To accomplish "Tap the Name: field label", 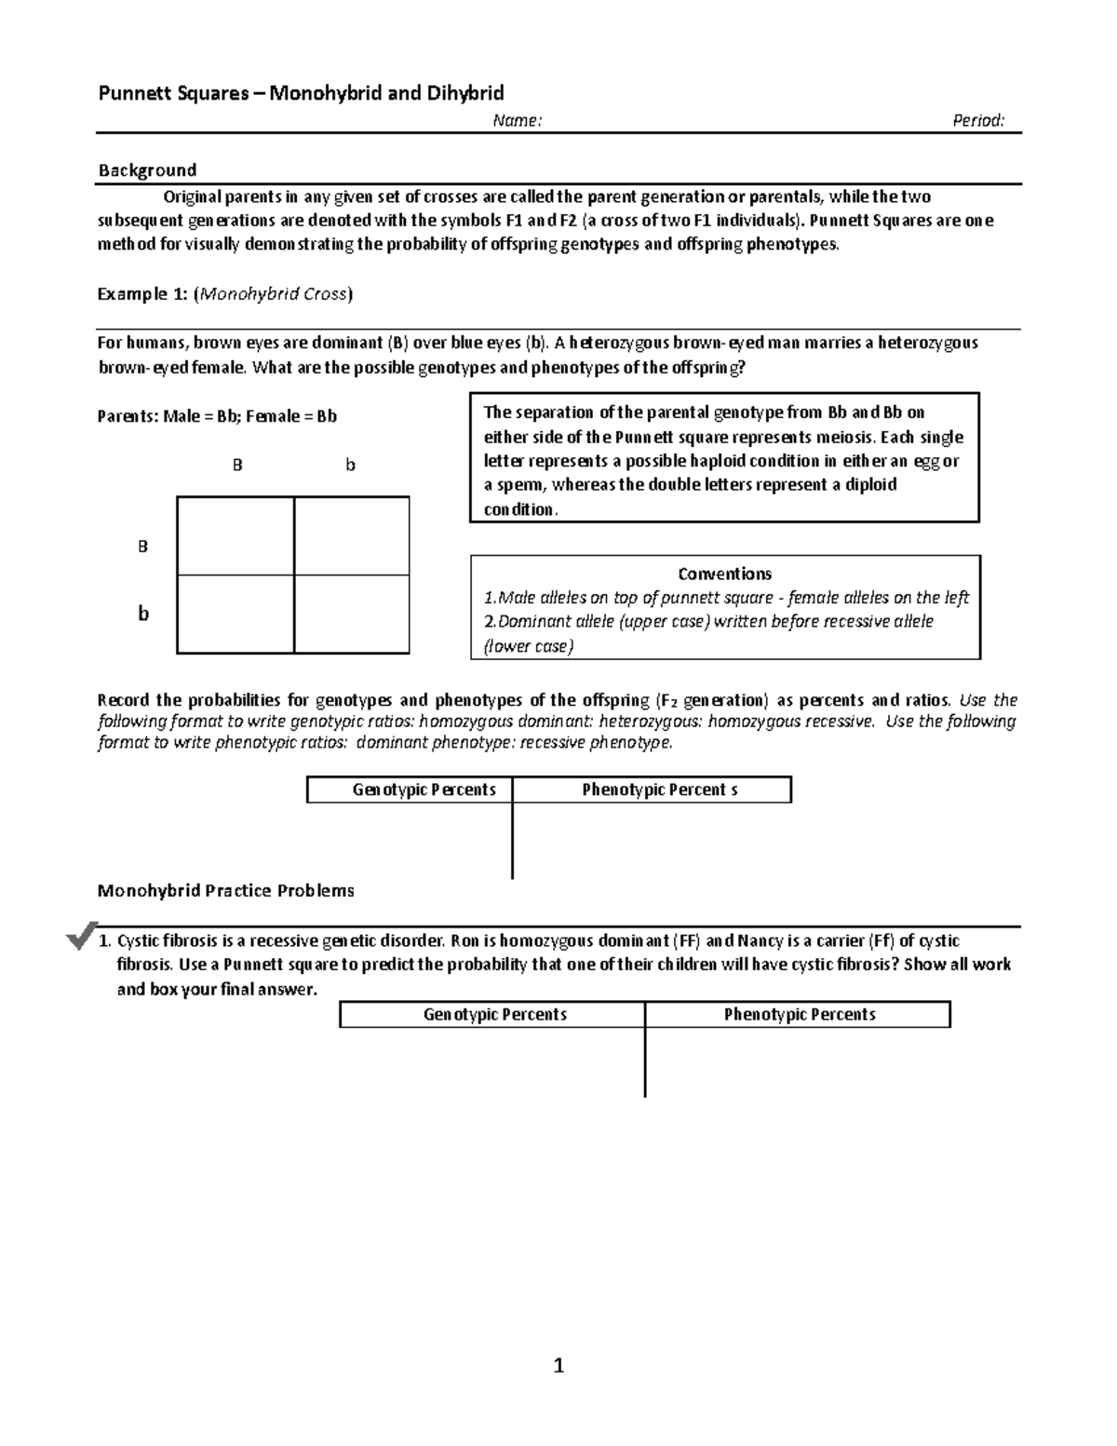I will click(x=517, y=120).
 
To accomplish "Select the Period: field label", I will click(x=977, y=120).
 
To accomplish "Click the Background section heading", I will click(x=147, y=169).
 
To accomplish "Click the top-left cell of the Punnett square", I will click(x=236, y=536).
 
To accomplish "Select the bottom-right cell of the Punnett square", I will click(x=352, y=615).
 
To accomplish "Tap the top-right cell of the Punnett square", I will click(x=352, y=536).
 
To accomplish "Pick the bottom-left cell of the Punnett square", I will click(x=236, y=615).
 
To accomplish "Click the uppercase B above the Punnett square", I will click(x=237, y=465).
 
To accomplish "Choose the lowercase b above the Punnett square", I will click(x=351, y=465).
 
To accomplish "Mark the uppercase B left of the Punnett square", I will click(x=142, y=547).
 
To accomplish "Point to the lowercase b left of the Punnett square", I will click(x=143, y=614).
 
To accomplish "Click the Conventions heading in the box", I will click(x=724, y=574).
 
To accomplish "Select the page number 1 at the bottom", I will click(x=558, y=1366).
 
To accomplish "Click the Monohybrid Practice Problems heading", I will click(x=226, y=891).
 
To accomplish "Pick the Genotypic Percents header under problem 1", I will click(x=494, y=1015).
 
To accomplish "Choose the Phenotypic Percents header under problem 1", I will click(x=800, y=1015).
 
